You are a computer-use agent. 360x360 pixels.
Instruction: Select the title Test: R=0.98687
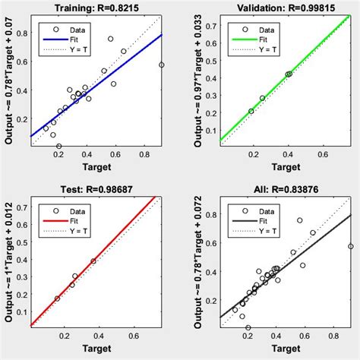(x=96, y=188)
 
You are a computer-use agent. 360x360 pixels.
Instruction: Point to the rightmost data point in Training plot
(x=162, y=65)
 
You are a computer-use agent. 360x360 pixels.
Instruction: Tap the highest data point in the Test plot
(x=94, y=261)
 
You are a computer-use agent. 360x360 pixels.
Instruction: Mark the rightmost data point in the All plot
(x=351, y=246)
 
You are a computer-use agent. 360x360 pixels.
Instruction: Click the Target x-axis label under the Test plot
(x=96, y=347)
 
